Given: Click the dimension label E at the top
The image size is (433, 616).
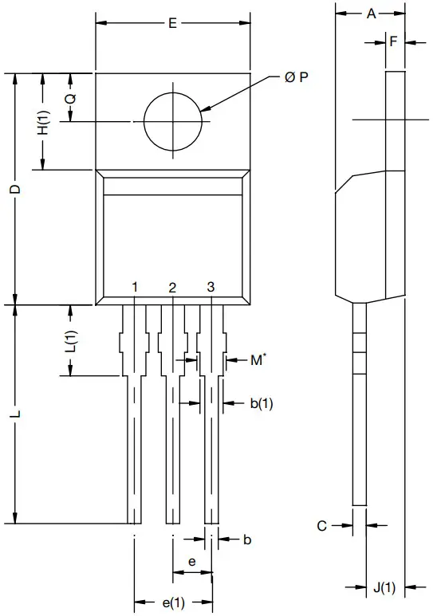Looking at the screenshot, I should click(172, 23).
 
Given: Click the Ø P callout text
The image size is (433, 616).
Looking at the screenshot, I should click(297, 77).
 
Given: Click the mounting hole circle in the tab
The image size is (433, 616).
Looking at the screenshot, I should click(172, 121).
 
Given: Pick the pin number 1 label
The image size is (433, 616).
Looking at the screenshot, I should click(136, 287).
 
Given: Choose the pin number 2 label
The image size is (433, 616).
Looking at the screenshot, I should click(172, 287).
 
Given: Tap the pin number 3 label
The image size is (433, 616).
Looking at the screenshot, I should click(211, 287).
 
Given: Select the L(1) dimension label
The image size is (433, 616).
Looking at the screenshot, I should click(70, 341).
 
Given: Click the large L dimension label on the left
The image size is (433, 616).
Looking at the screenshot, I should click(14, 416).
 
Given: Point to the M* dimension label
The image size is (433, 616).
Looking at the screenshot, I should click(257, 360).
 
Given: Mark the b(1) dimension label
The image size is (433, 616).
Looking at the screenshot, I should click(261, 404).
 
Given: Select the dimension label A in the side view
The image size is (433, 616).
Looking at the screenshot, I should click(371, 13).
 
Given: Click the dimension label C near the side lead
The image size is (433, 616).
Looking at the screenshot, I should click(322, 525).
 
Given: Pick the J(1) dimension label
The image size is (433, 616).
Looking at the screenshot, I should click(384, 589).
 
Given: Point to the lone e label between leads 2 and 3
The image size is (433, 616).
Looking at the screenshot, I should click(191, 562).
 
